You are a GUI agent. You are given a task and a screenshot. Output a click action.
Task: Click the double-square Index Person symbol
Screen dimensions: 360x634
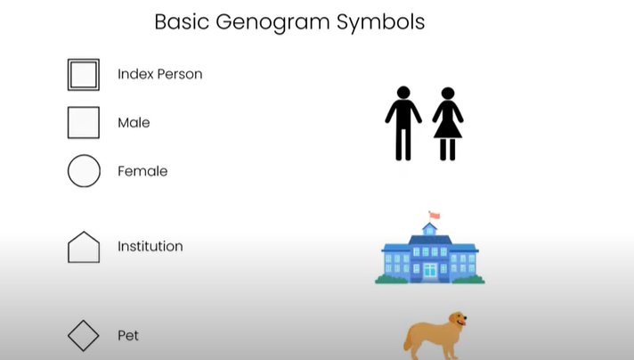click(84, 75)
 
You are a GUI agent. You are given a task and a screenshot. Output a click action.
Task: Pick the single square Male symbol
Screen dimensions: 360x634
click(84, 123)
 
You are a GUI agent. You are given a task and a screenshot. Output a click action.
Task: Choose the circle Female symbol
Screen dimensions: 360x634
click(84, 171)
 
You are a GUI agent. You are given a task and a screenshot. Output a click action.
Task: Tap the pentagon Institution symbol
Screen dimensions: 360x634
click(84, 247)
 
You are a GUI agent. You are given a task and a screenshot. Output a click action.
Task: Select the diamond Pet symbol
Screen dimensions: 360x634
click(84, 336)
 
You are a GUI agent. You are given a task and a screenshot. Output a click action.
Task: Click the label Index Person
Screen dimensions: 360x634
click(160, 74)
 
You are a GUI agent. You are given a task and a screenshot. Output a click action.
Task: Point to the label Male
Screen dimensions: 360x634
click(134, 123)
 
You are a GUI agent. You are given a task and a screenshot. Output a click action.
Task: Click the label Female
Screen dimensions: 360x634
click(142, 171)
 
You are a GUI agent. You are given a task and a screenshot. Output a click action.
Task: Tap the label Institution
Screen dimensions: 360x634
click(150, 247)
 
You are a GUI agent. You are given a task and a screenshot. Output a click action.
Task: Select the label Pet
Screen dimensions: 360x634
click(128, 336)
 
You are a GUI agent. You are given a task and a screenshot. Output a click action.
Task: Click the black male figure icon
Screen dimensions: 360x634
click(403, 125)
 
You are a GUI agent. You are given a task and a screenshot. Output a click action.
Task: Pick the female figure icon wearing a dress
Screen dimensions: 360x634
click(448, 125)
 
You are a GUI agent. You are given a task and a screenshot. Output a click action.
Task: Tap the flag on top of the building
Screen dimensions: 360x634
click(435, 215)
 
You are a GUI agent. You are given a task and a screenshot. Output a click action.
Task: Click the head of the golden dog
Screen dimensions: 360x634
click(457, 320)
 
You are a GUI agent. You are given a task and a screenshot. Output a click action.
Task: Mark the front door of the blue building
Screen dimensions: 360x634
click(430, 270)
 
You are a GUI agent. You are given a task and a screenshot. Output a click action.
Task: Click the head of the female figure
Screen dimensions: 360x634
click(448, 93)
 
